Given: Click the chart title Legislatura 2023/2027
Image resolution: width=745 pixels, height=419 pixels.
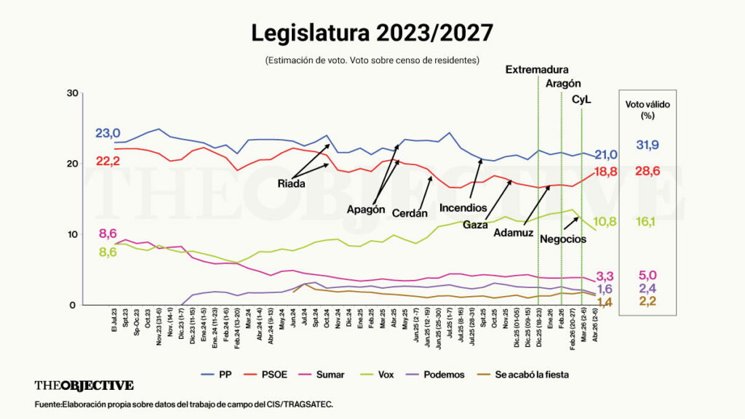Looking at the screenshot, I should [372, 33].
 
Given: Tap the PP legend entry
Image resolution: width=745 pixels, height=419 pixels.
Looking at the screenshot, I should [219, 375].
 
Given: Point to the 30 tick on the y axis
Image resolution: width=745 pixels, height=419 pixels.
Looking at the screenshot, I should [71, 93].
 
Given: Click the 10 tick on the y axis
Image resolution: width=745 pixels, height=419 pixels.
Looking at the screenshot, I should [71, 234].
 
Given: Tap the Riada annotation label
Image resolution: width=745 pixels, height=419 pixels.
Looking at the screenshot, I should [291, 184].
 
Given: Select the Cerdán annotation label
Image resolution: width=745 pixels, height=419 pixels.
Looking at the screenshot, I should [410, 213].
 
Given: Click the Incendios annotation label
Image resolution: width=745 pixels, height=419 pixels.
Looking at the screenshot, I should [463, 208].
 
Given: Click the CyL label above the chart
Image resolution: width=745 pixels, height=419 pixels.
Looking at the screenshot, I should [581, 99].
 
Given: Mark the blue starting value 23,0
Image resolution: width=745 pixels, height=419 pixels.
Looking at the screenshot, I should [107, 133].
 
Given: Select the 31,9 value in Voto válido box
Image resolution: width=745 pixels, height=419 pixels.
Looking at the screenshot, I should [648, 145].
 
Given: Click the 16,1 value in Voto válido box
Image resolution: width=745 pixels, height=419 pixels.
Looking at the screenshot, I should [648, 221].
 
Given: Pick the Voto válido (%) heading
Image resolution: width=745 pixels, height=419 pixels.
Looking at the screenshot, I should [648, 110].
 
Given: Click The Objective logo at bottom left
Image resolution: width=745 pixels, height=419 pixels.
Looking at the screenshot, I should [84, 386].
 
